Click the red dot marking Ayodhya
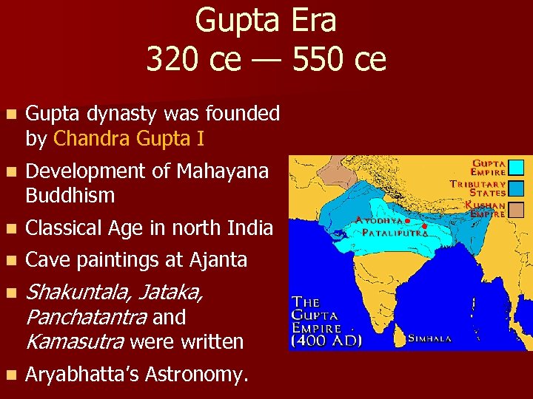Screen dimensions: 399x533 click(407, 220)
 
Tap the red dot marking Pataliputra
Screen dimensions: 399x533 click(424, 226)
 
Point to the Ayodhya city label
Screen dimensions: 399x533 click(379, 220)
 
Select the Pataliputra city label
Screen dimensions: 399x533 click(395, 232)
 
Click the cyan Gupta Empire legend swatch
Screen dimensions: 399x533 click(517, 167)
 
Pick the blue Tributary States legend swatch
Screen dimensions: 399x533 click(517, 188)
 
